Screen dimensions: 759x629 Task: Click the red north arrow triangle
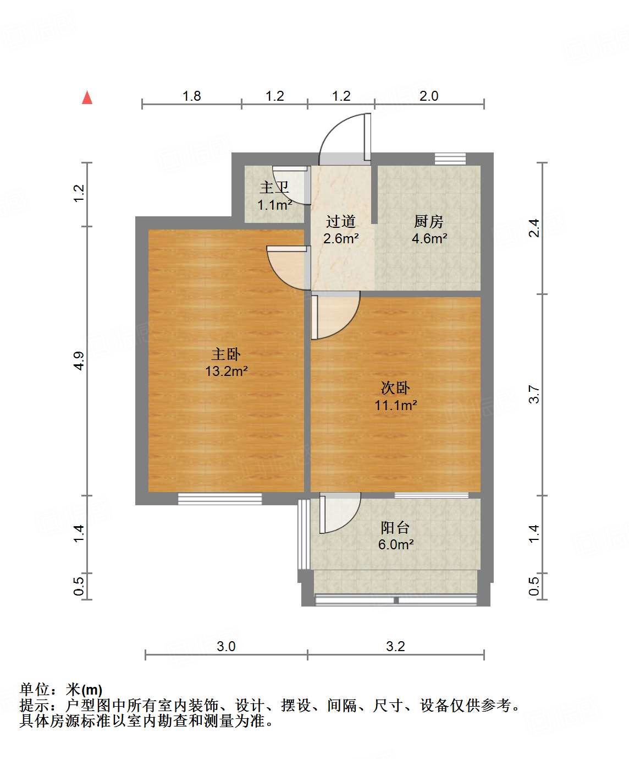87,97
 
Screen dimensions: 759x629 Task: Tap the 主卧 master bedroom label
226,354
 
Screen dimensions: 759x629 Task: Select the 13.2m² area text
226,372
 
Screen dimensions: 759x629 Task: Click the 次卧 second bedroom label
395,388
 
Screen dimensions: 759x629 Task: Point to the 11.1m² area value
395,406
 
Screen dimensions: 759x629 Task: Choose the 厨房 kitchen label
428,221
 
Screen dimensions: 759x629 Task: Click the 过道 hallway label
341,221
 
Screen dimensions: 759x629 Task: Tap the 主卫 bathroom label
274,188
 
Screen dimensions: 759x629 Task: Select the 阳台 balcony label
395,528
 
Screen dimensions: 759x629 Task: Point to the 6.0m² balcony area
395,545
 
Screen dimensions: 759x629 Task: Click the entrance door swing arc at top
344,138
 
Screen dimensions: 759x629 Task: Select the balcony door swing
338,513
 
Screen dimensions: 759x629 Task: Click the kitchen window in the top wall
450,159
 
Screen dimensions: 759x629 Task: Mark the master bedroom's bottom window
220,499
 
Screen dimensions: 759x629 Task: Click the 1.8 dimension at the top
191,96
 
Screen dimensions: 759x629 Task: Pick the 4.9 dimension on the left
79,361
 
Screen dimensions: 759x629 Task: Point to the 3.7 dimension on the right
534,395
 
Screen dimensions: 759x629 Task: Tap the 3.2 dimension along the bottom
395,646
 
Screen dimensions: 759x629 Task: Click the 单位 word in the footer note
35,690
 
